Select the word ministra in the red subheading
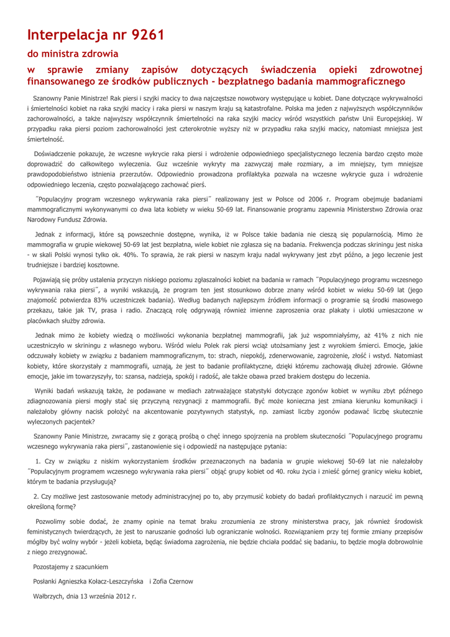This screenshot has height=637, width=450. (x=70, y=55)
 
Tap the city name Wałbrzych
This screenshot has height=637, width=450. (x=49, y=596)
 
